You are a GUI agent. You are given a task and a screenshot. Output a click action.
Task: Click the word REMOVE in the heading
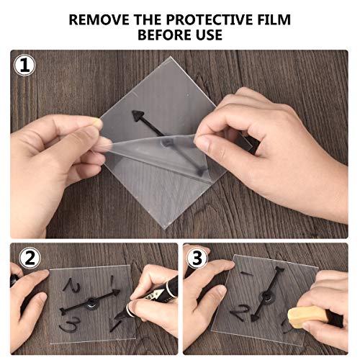tap(99, 19)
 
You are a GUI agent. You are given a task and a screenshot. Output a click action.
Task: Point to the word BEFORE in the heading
tap(163, 35)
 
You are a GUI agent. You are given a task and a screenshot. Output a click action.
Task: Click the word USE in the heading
tap(207, 35)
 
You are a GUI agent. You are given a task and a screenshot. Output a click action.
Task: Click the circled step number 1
tap(24, 66)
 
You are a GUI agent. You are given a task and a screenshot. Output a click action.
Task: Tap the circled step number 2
tap(30, 258)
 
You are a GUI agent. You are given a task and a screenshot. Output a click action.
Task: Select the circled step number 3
tap(197, 258)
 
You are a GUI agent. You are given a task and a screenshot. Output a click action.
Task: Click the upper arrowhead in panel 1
tap(138, 115)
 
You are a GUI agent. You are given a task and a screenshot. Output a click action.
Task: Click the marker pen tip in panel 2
tap(117, 318)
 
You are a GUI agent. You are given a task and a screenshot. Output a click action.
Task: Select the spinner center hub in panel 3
tap(266, 298)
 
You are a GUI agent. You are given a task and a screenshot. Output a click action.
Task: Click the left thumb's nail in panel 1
tap(97, 122)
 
